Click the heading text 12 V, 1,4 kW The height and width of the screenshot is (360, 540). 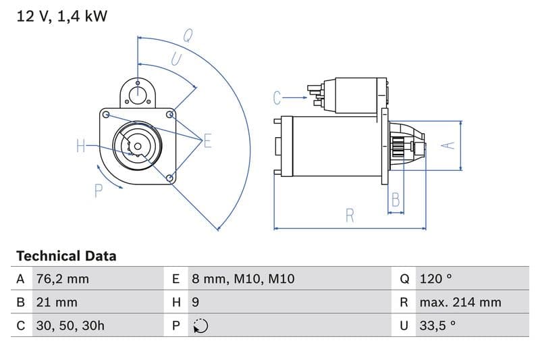(61, 16)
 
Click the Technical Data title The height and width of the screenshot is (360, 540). (66, 256)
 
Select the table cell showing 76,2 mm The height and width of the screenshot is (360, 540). (61, 279)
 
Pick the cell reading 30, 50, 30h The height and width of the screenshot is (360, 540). (70, 326)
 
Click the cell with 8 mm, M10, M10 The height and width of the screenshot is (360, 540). (243, 279)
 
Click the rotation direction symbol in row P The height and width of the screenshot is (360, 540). (200, 326)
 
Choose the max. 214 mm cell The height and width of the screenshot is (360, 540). (460, 303)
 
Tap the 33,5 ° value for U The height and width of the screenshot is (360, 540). (437, 326)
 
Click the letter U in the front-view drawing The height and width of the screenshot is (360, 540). (175, 59)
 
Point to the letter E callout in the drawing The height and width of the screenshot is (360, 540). (207, 140)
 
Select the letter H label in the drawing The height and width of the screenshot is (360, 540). (81, 145)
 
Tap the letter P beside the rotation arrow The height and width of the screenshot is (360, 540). (99, 191)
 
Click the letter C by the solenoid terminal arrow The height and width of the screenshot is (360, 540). (277, 99)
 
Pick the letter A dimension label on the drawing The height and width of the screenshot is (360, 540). (446, 145)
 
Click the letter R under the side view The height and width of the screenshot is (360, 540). (350, 215)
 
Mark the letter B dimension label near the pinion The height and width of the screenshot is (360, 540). (396, 200)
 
